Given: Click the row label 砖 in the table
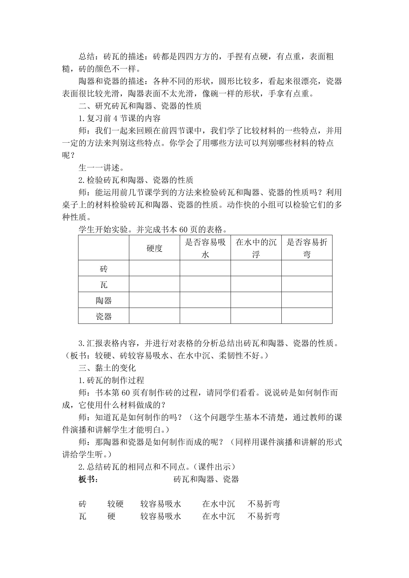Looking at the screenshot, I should click(104, 269).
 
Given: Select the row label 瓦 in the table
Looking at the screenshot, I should click(104, 285).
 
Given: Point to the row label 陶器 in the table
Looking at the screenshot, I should click(104, 301).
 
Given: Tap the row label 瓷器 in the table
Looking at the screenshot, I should click(104, 316).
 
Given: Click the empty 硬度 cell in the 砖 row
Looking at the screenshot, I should click(154, 268).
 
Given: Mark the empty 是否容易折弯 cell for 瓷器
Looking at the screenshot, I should click(307, 316).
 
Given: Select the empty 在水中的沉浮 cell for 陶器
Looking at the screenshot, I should click(256, 300).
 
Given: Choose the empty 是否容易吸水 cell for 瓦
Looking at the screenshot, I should click(205, 284).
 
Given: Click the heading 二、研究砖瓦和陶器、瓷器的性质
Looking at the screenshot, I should click(140, 106).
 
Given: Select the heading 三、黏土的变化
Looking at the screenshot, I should click(107, 368).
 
